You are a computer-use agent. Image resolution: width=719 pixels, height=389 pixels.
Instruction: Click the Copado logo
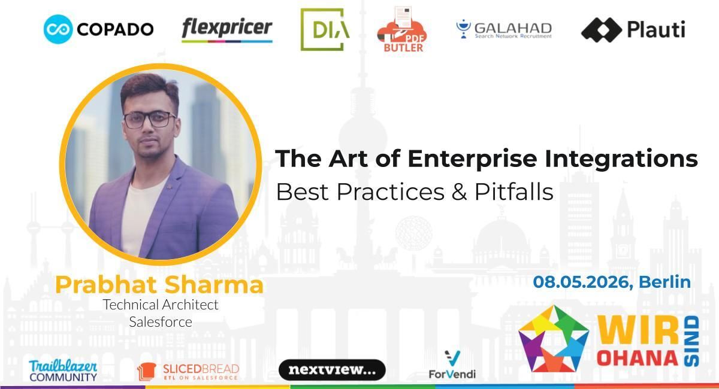[x=98, y=29]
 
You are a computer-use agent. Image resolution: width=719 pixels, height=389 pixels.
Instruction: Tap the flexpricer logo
[x=226, y=29]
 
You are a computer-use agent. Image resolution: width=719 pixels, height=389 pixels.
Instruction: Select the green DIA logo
[x=324, y=29]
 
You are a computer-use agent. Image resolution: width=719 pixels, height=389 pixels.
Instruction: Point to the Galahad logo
[x=504, y=29]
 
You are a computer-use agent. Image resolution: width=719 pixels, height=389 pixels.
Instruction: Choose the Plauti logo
[x=633, y=29]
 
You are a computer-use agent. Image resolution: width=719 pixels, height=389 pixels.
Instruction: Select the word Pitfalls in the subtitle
[x=513, y=192]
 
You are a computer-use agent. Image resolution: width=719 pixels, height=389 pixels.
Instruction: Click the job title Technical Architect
[x=161, y=304]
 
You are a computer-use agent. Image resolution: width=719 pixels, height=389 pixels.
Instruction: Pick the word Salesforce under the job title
[x=161, y=322]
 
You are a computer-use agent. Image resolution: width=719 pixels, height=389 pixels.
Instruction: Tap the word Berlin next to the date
[x=665, y=281]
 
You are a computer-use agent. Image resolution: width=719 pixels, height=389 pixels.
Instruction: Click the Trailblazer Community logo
[x=63, y=370]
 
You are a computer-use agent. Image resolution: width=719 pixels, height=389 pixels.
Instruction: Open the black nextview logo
[x=332, y=370]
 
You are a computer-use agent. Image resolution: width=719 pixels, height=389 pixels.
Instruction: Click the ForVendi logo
[x=452, y=365]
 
